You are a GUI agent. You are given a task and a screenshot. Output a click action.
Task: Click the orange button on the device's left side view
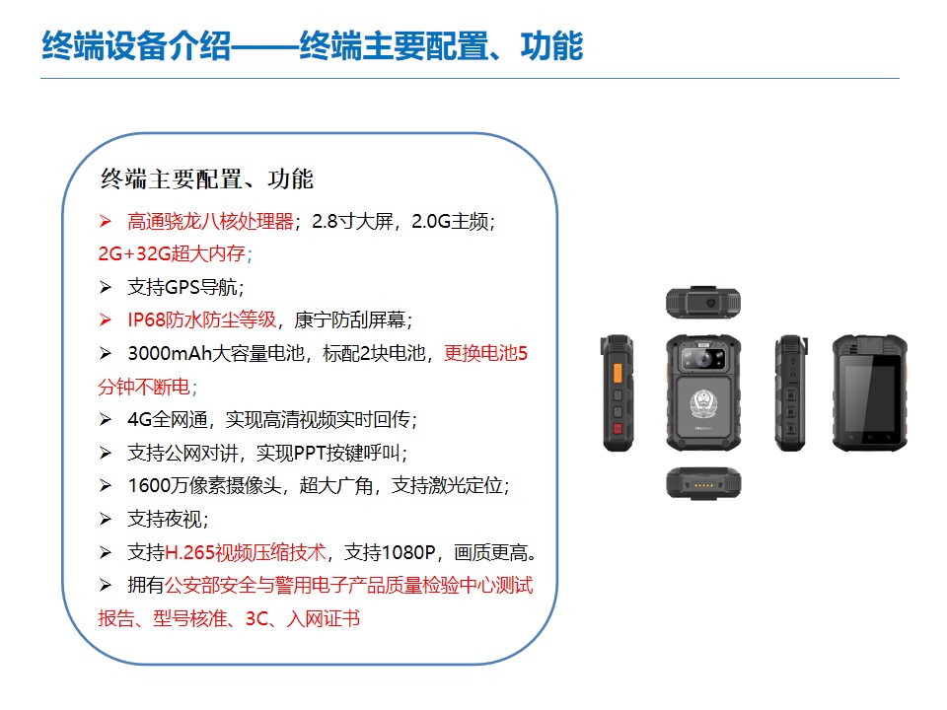point(618,373)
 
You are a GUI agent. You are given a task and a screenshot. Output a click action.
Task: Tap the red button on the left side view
point(618,429)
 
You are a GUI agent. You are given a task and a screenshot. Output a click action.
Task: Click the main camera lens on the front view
point(703,359)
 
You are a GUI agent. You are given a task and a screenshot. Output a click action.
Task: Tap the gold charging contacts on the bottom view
point(703,485)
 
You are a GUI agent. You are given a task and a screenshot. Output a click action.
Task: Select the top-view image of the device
point(703,303)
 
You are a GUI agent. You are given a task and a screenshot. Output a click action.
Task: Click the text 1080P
point(408,552)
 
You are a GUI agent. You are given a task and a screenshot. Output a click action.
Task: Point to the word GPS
point(182,287)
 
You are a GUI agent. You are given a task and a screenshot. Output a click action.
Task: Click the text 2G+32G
point(135,253)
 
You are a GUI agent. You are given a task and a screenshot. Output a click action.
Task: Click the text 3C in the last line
point(256,619)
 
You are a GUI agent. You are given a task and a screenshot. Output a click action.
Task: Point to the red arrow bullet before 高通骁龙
point(106,222)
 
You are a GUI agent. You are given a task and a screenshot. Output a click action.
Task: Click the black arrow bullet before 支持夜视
point(106,520)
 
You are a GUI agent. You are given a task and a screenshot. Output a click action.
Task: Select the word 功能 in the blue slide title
point(551,46)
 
